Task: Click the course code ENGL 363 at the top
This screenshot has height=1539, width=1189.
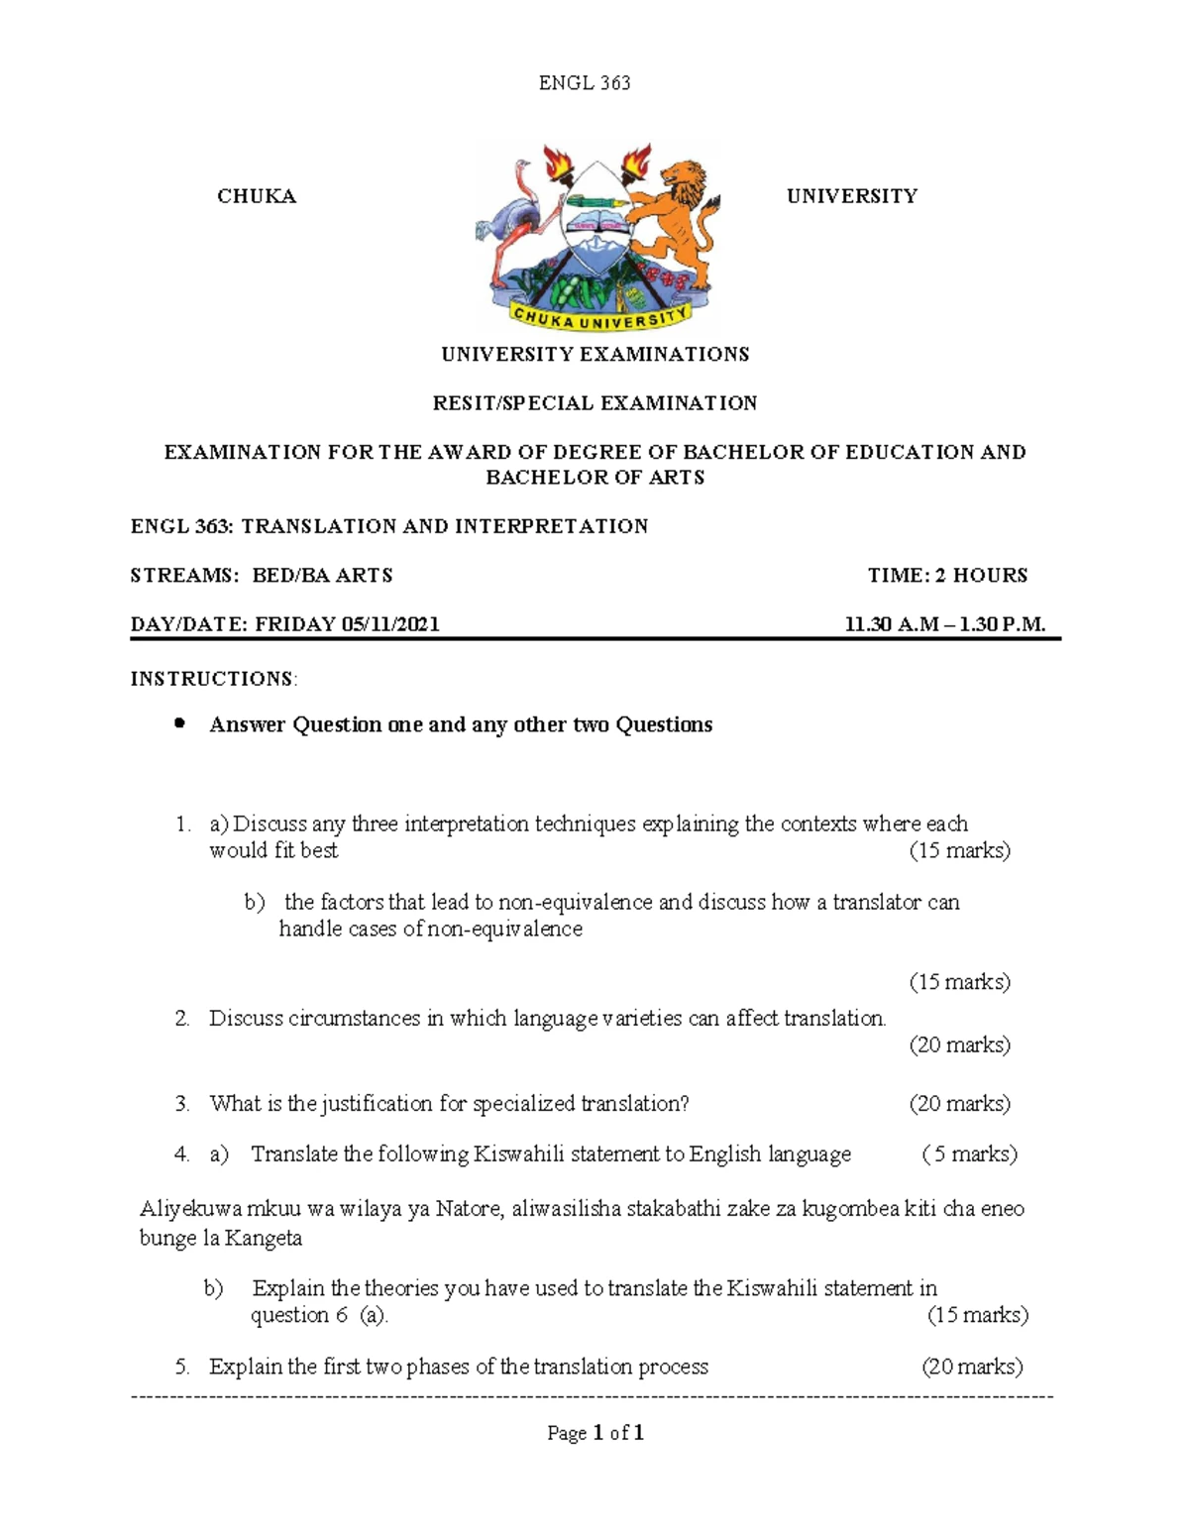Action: click(x=584, y=83)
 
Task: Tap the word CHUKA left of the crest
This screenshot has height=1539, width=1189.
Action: click(x=257, y=196)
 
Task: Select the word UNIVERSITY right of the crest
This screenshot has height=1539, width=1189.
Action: click(x=851, y=196)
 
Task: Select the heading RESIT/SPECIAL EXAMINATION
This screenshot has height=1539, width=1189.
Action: click(x=594, y=403)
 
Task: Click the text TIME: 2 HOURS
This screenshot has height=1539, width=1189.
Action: click(x=947, y=576)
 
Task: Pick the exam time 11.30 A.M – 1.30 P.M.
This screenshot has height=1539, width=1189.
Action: click(x=944, y=624)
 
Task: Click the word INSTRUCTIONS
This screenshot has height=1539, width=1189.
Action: click(x=212, y=679)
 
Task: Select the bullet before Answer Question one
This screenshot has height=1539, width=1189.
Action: click(x=179, y=723)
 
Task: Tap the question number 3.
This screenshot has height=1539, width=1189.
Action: click(x=181, y=1104)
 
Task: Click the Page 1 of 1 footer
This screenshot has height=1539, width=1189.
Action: click(x=595, y=1433)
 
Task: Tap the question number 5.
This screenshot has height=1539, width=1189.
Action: click(x=181, y=1368)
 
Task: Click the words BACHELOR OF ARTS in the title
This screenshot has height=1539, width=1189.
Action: click(x=594, y=478)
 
